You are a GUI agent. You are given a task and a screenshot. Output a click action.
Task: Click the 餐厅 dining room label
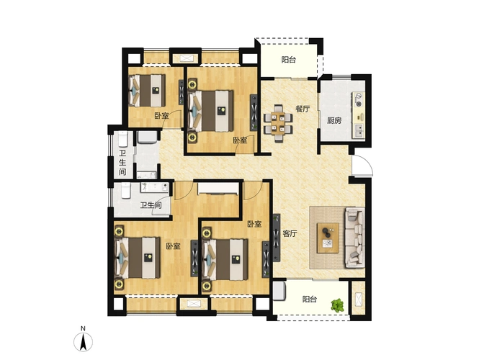coord(303,109)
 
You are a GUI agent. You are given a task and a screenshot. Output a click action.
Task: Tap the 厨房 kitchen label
coord(333,121)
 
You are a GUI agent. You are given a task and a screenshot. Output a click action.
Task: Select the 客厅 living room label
coord(290,233)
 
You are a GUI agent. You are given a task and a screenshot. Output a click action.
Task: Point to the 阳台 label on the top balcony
coord(288,60)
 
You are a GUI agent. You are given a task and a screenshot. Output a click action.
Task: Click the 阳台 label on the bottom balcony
coord(310,299)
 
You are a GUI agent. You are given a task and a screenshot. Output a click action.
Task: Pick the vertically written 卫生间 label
coord(122,162)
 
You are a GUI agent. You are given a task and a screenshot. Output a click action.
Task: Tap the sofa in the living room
coord(355,237)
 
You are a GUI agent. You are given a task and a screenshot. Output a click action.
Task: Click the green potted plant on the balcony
coord(337,306)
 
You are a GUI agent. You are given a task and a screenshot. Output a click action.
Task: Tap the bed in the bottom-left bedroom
coord(137,258)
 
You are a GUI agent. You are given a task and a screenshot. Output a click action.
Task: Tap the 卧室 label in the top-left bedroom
coord(161,115)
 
